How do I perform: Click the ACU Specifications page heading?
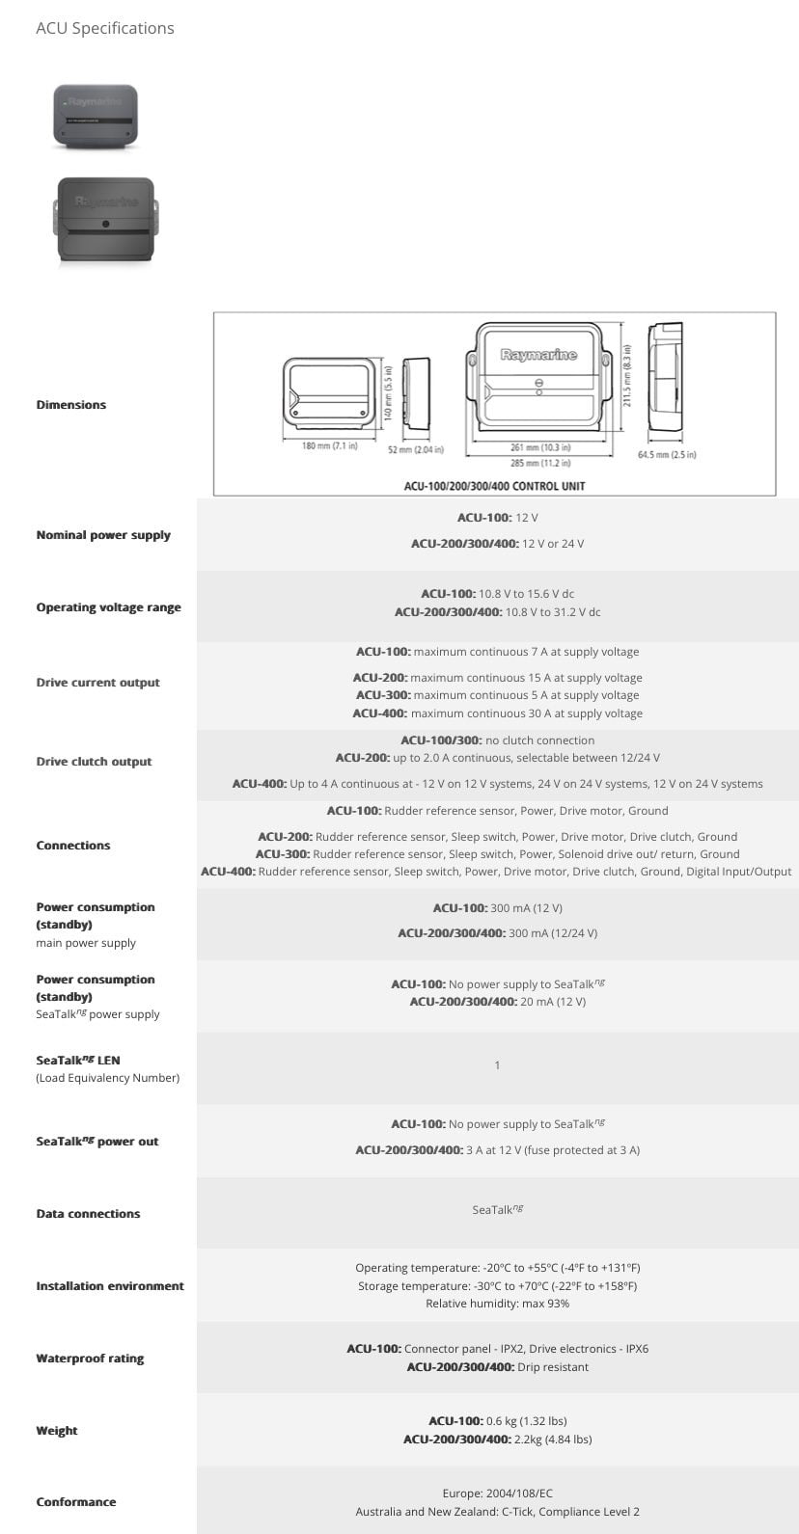tap(105, 28)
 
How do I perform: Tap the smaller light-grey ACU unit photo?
tap(96, 116)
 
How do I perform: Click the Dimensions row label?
tap(71, 405)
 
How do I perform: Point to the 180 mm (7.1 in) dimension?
tap(329, 445)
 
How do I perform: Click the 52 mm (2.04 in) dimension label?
tap(416, 450)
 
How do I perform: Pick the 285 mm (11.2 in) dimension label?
tap(539, 463)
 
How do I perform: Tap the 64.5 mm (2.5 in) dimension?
tap(667, 454)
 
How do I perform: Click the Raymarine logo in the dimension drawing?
tap(538, 355)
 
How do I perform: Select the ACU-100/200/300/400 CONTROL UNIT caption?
tap(494, 486)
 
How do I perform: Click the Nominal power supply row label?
tap(103, 535)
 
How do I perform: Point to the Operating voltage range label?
tap(108, 607)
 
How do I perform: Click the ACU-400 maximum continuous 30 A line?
tap(497, 713)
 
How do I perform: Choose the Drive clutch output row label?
tap(94, 762)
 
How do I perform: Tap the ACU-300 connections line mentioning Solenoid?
tap(497, 854)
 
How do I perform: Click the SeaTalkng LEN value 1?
tap(497, 1065)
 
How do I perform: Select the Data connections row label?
tap(88, 1214)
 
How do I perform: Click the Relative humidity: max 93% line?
tap(497, 1304)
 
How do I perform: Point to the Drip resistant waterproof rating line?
tap(497, 1367)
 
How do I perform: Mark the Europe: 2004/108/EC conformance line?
tap(497, 1494)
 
